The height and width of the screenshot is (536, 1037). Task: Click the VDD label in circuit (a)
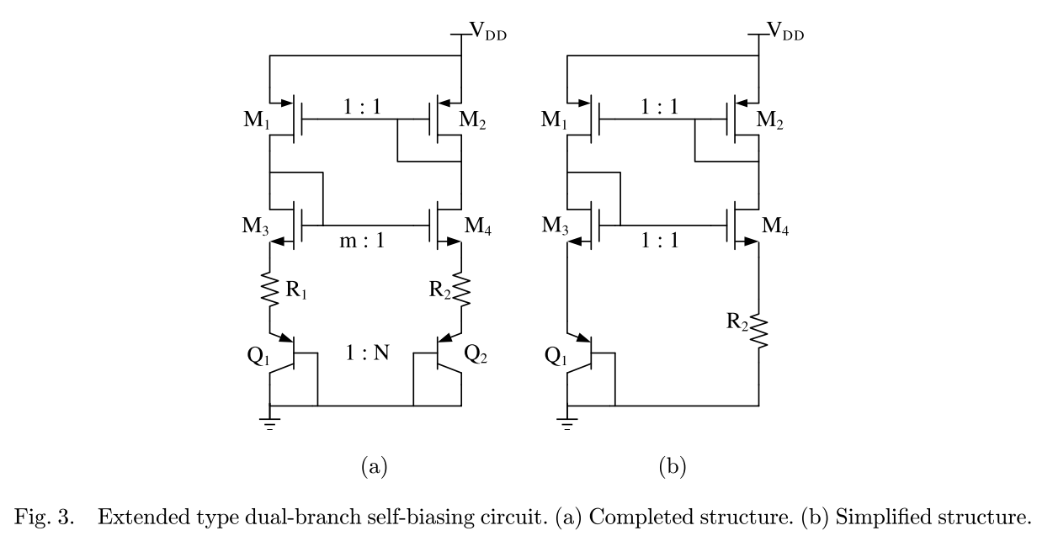488,34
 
